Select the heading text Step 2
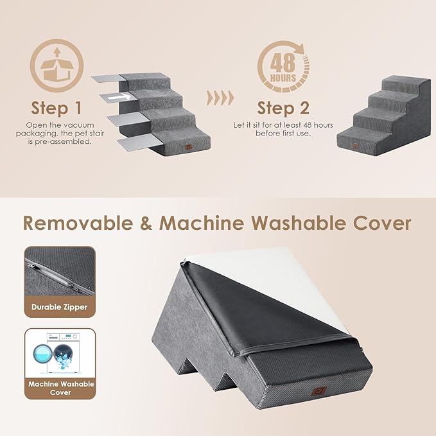click(x=283, y=107)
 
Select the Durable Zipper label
click(x=60, y=307)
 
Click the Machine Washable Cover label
click(x=60, y=388)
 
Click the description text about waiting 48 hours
click(x=283, y=129)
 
